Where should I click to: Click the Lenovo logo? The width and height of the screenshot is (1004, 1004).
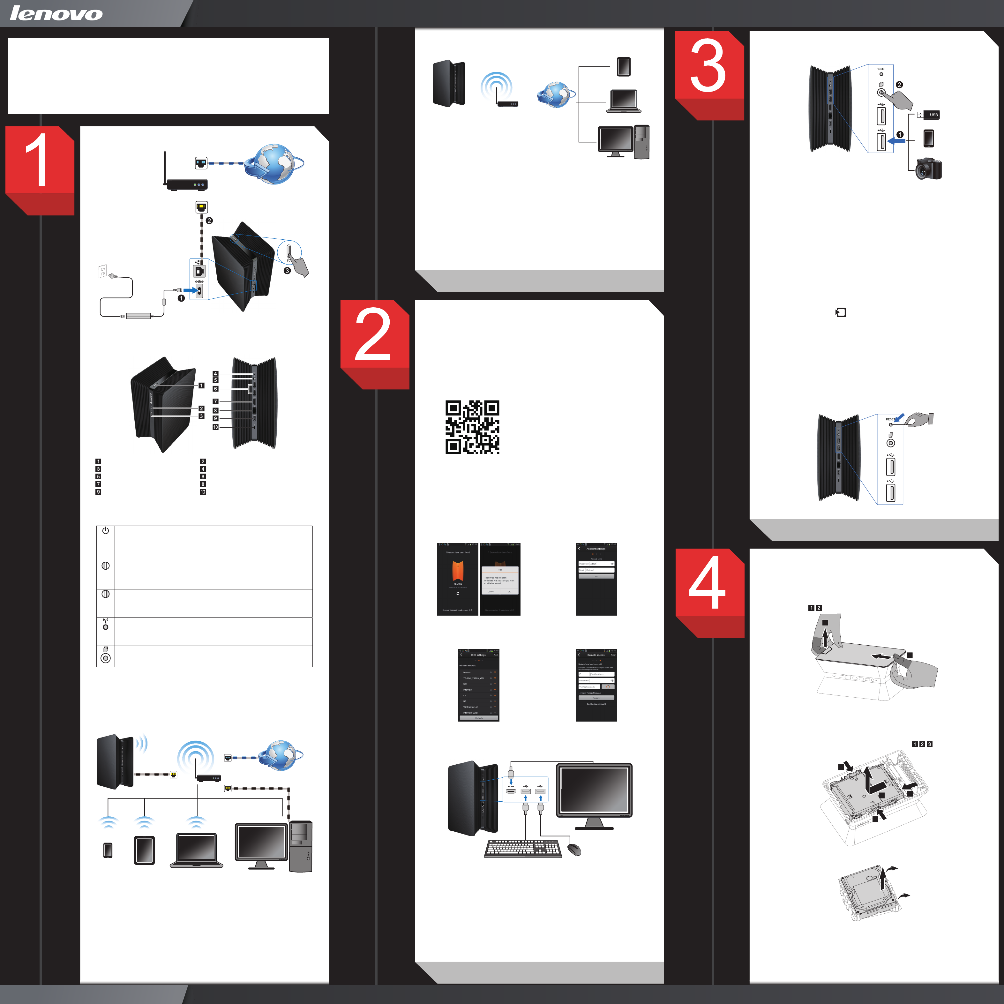coord(56,13)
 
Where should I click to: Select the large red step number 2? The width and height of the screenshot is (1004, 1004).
coord(373,335)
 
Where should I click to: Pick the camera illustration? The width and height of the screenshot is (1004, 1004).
coord(928,169)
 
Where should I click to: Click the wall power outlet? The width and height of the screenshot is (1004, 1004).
coord(103,271)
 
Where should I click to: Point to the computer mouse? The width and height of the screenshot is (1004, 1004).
coord(574,850)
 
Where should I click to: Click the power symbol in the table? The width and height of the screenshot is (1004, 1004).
coord(106,531)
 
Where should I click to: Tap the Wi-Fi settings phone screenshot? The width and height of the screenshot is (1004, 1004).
coord(479,685)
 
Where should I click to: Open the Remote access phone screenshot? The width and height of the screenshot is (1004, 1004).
coord(596,685)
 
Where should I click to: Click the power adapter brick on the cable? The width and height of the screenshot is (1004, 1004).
coord(138,315)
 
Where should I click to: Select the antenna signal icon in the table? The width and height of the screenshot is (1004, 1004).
coord(106,624)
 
